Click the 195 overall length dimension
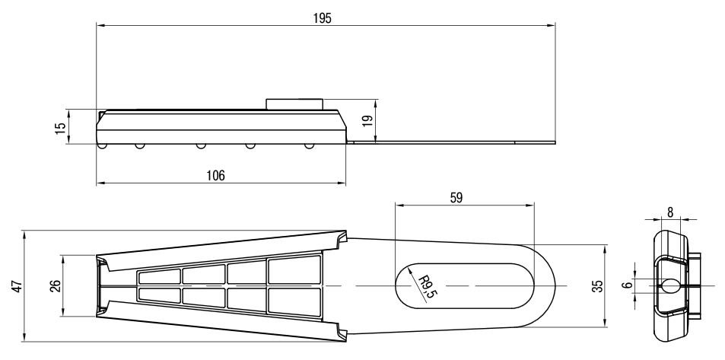pos(323,18)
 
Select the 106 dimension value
pos(215,175)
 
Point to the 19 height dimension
pos(367,121)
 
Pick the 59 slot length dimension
pos(456,198)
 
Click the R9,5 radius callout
pos(427,287)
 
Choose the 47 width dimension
pos(17,286)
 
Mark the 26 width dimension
pos(56,286)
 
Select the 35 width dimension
pos(599,286)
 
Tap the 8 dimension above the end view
pos(670,212)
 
